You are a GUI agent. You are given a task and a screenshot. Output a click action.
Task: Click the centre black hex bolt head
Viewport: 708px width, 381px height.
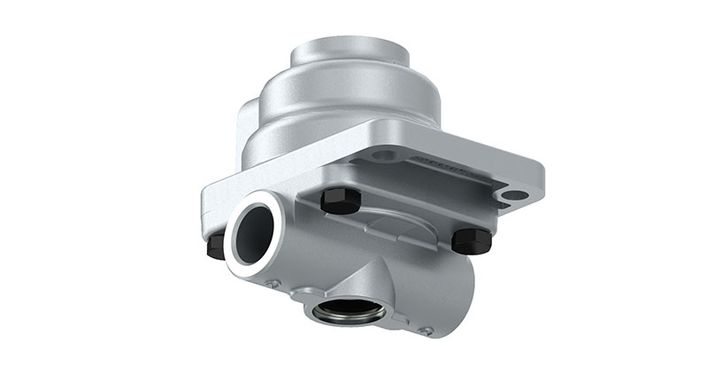click(340, 202)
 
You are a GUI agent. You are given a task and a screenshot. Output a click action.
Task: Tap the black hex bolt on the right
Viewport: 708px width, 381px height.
click(471, 240)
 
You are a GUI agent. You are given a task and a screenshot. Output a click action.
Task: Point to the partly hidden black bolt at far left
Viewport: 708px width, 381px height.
click(215, 247)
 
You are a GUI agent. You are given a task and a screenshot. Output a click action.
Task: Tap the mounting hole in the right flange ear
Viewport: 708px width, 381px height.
click(514, 194)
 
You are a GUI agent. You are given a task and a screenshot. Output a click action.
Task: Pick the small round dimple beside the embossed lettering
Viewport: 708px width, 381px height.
click(382, 156)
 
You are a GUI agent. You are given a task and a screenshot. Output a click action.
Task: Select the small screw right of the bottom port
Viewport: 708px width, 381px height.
click(427, 331)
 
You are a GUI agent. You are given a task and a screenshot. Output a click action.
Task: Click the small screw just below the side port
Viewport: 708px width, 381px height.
click(274, 284)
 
